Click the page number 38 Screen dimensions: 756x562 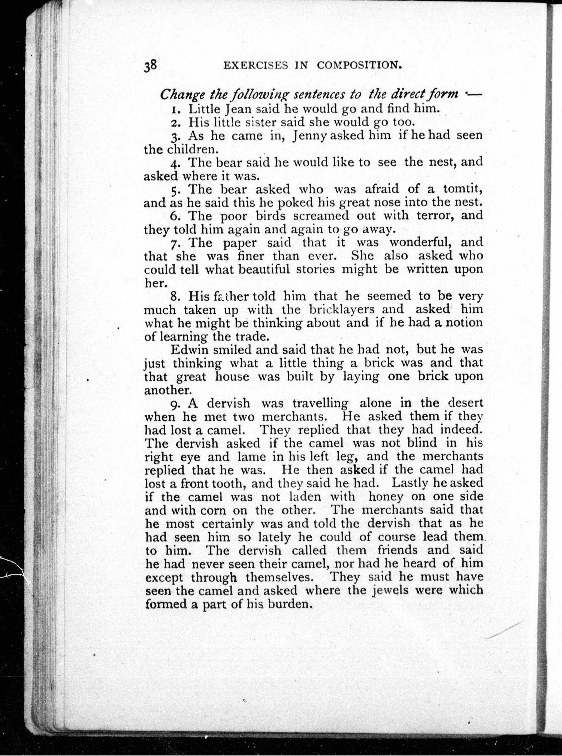tap(150, 65)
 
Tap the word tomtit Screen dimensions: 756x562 tap(463, 189)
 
